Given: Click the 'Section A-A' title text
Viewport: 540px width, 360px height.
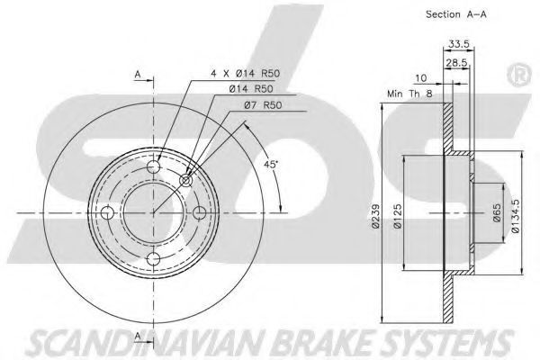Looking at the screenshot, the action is pyautogui.click(x=456, y=14).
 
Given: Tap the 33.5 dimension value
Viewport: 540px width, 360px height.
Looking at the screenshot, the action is pyautogui.click(x=459, y=44).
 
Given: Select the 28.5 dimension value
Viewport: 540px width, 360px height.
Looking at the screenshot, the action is pyautogui.click(x=456, y=63).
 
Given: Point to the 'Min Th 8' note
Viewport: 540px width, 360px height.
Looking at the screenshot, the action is pyautogui.click(x=409, y=94).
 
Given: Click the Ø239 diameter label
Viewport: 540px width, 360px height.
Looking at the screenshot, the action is pyautogui.click(x=375, y=216).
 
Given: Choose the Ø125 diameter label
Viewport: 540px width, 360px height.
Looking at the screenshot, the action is pyautogui.click(x=398, y=216).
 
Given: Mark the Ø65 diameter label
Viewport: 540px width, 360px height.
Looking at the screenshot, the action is pyautogui.click(x=497, y=213).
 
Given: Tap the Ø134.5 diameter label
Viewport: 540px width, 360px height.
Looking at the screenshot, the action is pyautogui.click(x=516, y=216).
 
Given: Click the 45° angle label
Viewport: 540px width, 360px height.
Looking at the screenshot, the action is pyautogui.click(x=270, y=165).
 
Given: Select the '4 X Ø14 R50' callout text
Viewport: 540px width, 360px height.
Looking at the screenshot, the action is pyautogui.click(x=245, y=74).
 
